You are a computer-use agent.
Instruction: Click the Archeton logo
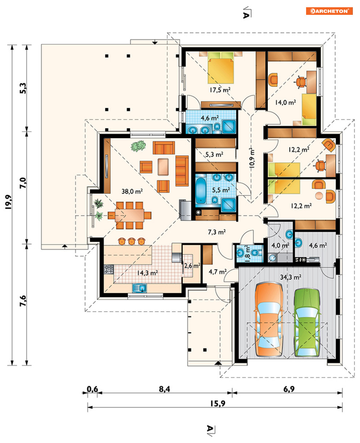pyautogui.click(x=329, y=11)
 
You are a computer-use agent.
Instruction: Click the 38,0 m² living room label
pyautogui.click(x=132, y=191)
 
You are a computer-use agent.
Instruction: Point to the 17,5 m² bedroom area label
pyautogui.click(x=220, y=90)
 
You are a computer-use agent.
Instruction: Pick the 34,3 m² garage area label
pyautogui.click(x=291, y=277)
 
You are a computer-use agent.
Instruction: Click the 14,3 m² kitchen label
pyautogui.click(x=147, y=273)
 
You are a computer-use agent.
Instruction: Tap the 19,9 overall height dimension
pyautogui.click(x=8, y=202)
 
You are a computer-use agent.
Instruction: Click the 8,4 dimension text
pyautogui.click(x=164, y=389)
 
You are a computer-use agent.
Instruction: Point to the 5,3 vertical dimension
pyautogui.click(x=23, y=88)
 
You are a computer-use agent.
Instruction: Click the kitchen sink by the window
pyautogui.click(x=139, y=288)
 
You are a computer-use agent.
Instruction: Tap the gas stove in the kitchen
pyautogui.click(x=109, y=269)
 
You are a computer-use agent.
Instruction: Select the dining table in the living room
pyautogui.click(x=130, y=215)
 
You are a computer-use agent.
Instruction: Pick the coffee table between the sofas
pyautogui.click(x=163, y=167)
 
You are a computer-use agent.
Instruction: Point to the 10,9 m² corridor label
pyautogui.click(x=252, y=158)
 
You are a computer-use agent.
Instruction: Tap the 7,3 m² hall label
pyautogui.click(x=217, y=232)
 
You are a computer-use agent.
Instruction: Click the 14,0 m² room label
pyautogui.click(x=285, y=102)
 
